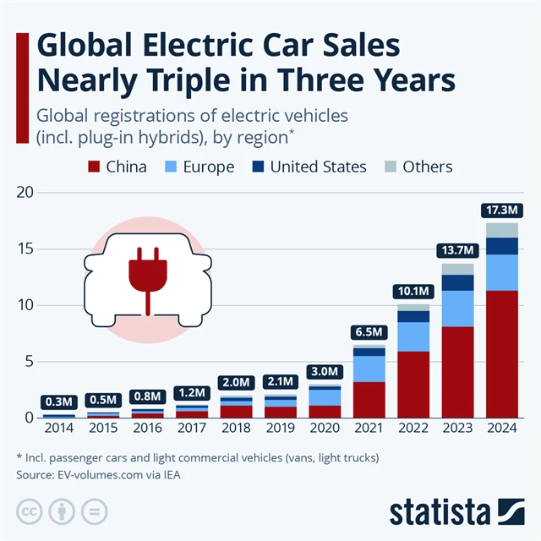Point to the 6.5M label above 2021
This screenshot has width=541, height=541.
[x=369, y=331]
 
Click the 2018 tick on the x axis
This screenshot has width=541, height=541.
[x=237, y=428]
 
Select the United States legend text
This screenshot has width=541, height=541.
[x=319, y=167]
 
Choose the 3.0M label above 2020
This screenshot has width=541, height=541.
[x=325, y=371]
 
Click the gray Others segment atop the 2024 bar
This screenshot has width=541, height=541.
[x=502, y=230]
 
